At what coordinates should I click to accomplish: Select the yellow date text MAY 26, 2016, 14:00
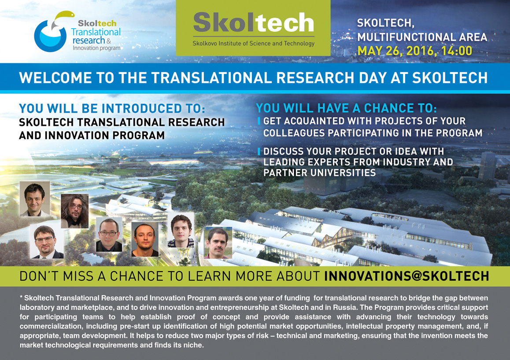pyautogui.click(x=415, y=51)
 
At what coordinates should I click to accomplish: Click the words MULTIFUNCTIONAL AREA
pyautogui.click(x=422, y=37)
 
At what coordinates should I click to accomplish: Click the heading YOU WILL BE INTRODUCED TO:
pyautogui.click(x=112, y=109)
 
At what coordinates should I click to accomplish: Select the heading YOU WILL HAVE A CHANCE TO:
pyautogui.click(x=347, y=108)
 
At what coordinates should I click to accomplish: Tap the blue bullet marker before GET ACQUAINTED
pyautogui.click(x=259, y=121)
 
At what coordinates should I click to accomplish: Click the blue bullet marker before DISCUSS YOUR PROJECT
pyautogui.click(x=259, y=151)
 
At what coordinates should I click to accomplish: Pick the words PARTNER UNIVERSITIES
pyautogui.click(x=319, y=173)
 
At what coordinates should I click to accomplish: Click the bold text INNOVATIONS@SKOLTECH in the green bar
pyautogui.click(x=407, y=276)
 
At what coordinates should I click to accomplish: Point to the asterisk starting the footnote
pyautogui.click(x=21, y=298)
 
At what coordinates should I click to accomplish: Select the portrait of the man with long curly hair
pyautogui.click(x=74, y=211)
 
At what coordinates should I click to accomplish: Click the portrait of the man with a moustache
pyautogui.click(x=218, y=242)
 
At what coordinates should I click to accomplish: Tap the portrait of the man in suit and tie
pyautogui.click(x=47, y=241)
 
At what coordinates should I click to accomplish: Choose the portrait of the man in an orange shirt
pyautogui.click(x=145, y=239)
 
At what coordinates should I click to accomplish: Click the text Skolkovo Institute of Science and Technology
pyautogui.click(x=253, y=43)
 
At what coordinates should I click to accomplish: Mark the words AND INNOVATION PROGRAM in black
pyautogui.click(x=92, y=135)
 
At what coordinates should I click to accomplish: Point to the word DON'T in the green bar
pyautogui.click(x=39, y=276)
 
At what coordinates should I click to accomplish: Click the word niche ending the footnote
pyautogui.click(x=195, y=345)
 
